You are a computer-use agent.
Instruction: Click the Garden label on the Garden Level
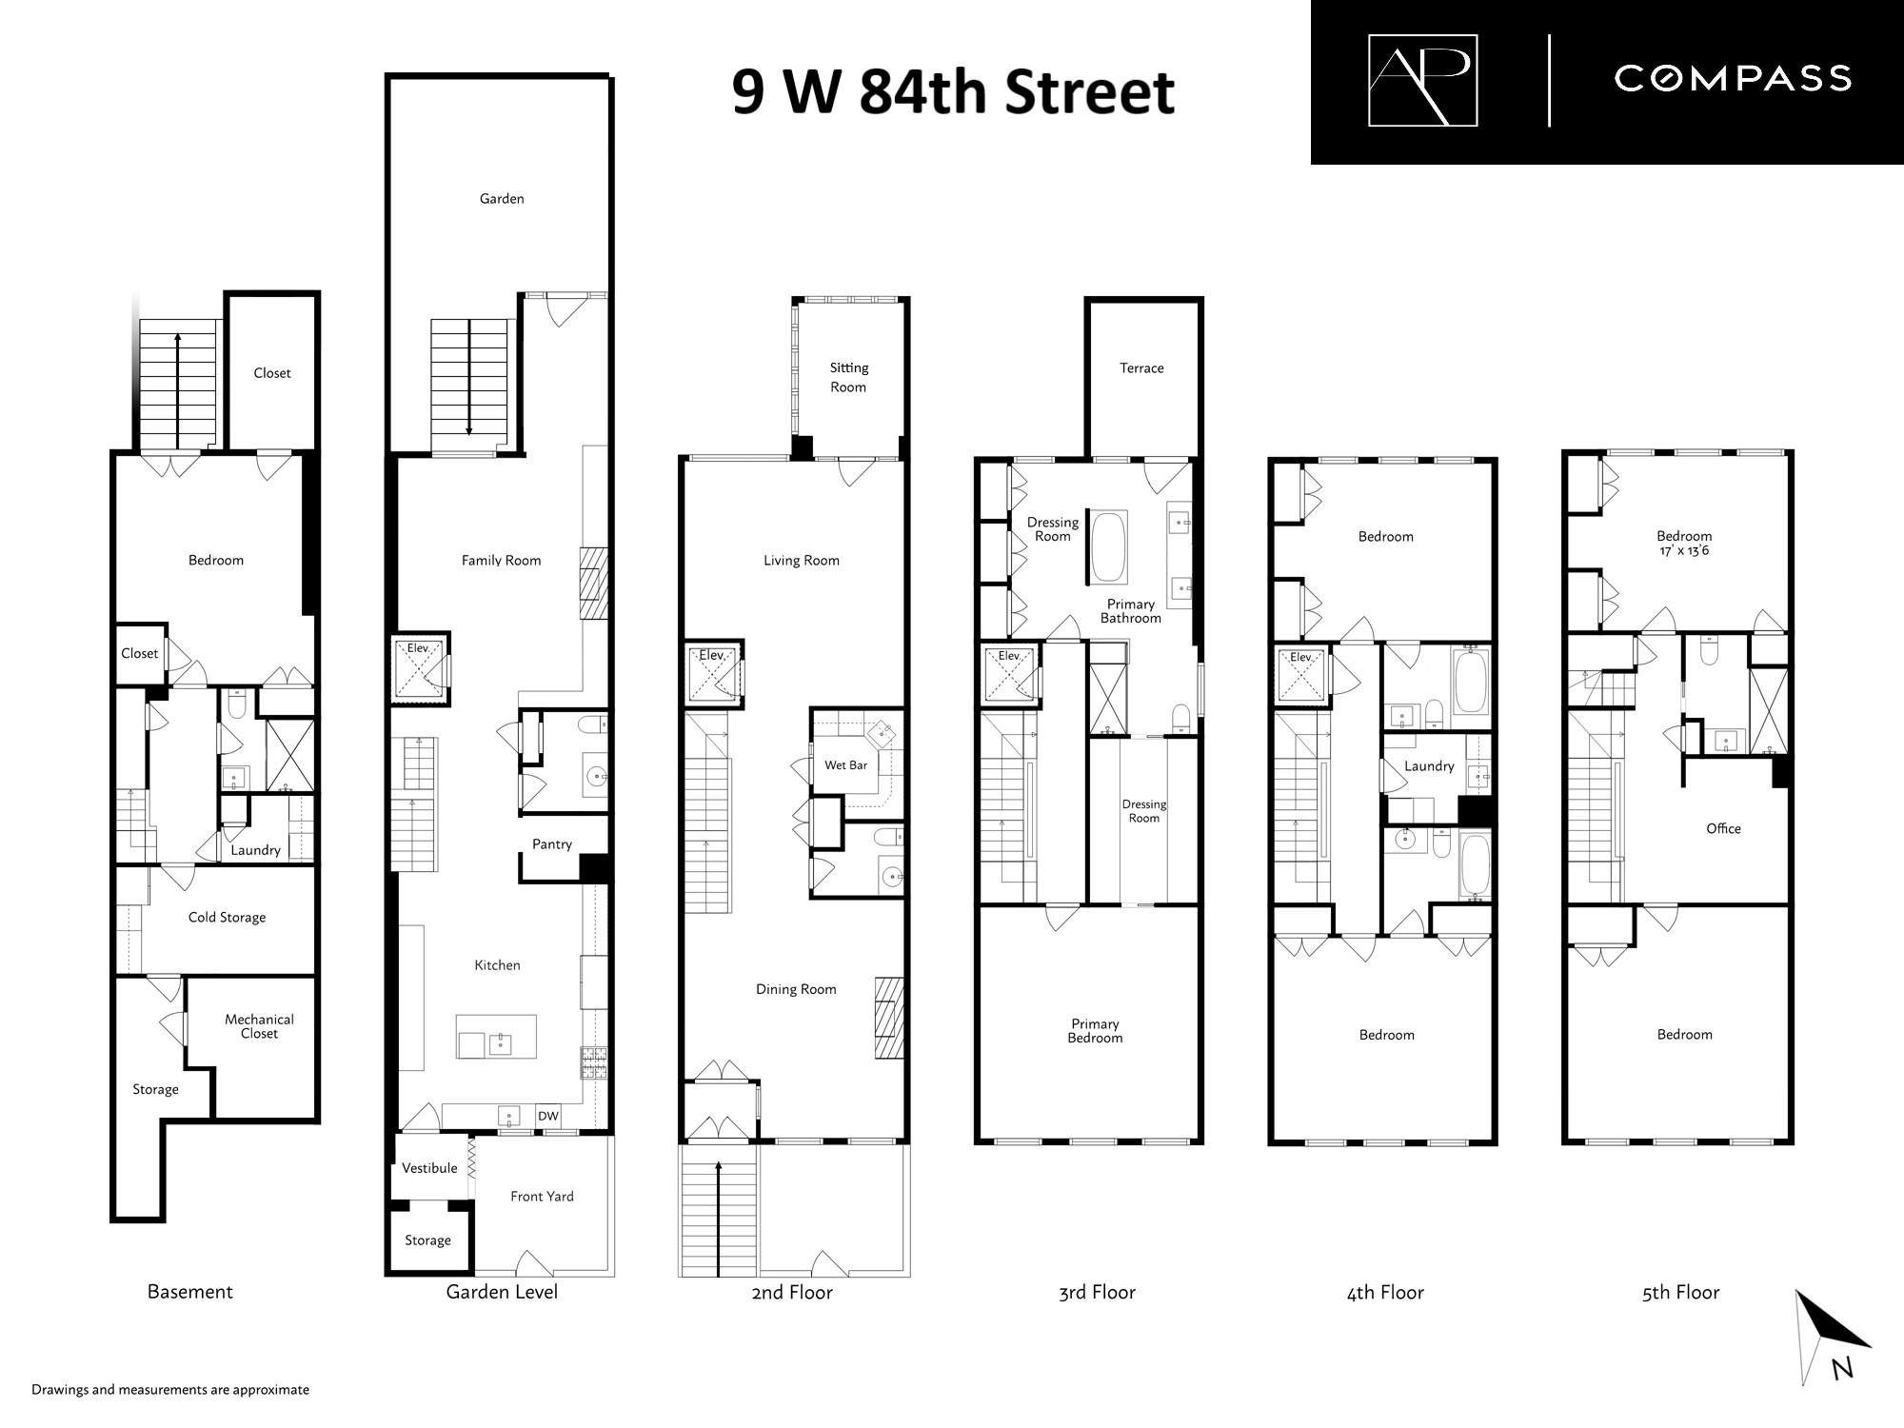coord(502,199)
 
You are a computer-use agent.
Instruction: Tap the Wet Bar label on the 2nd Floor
coord(845,765)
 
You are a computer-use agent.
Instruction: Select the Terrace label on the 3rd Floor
coord(1141,368)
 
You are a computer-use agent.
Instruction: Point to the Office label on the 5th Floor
coord(1723,829)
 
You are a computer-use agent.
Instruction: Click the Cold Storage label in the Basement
coord(227,918)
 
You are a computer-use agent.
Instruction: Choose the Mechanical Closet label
coord(259,1026)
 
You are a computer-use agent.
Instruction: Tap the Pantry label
coord(552,844)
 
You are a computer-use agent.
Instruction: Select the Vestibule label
coord(429,1168)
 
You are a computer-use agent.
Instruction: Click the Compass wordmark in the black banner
coord(1733,78)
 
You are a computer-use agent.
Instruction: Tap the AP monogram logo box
coord(1422,80)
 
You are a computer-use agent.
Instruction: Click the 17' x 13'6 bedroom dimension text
coord(1684,551)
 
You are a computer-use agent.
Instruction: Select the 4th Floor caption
coord(1385,1293)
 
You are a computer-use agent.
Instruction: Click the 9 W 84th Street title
coord(953,92)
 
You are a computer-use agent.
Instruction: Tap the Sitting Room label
coord(848,378)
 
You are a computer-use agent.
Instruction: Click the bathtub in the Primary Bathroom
coord(1108,547)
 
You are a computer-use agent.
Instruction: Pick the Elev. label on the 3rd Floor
coord(1009,656)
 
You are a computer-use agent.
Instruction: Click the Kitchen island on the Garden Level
coord(496,1037)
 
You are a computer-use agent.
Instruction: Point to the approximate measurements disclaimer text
coord(170,1390)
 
